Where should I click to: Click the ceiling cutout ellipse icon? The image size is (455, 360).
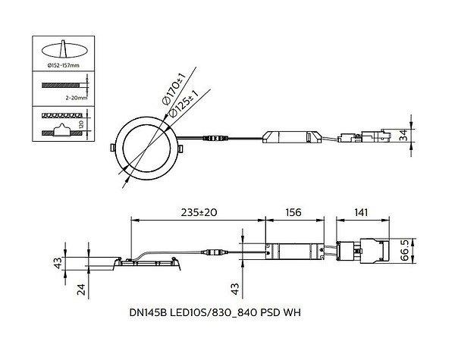(x=64, y=49)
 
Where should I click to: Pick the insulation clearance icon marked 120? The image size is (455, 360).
(x=64, y=124)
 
